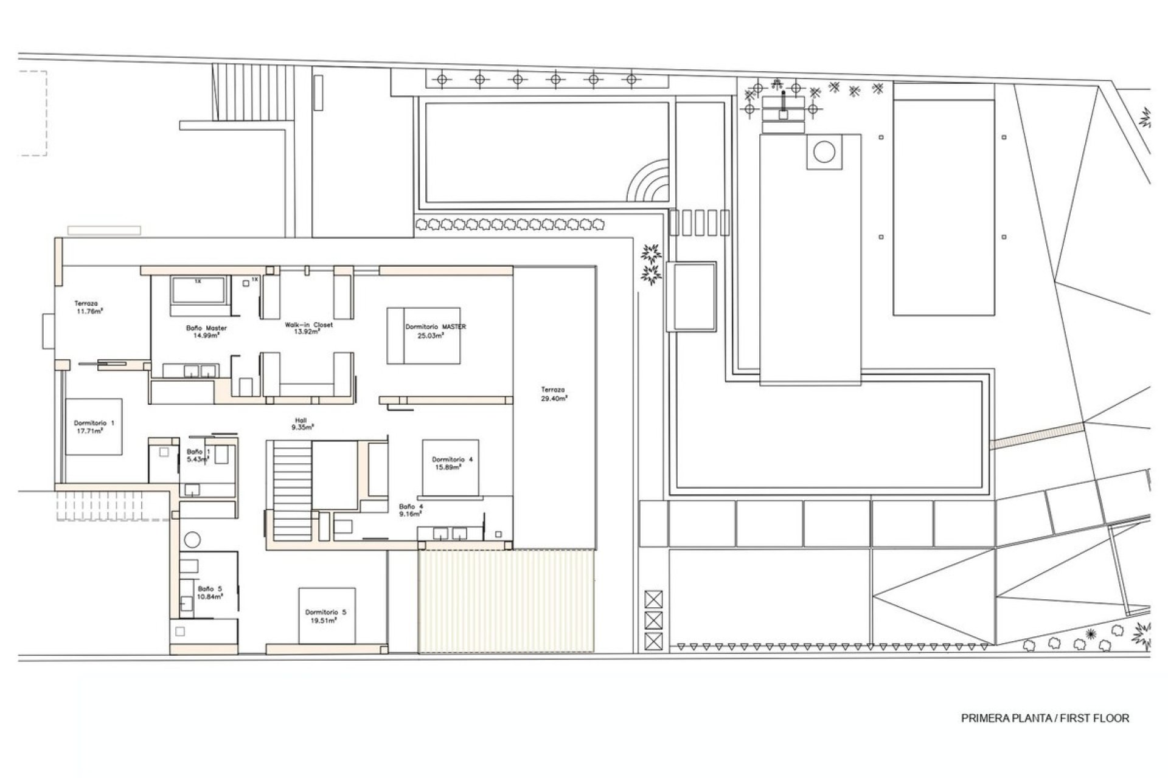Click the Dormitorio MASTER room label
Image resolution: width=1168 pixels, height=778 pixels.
(x=435, y=331)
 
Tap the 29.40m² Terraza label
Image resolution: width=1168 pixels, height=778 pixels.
(x=554, y=394)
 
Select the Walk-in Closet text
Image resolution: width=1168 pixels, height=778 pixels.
(x=308, y=328)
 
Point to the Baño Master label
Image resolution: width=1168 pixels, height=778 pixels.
(x=206, y=331)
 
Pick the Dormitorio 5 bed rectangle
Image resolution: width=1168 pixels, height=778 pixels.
(x=327, y=615)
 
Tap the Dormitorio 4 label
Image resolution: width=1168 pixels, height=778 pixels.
(x=451, y=463)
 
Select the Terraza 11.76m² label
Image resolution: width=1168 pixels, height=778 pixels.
(x=87, y=307)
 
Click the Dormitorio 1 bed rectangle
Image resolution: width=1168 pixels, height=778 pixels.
(x=94, y=427)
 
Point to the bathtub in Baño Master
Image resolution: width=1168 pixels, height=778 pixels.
(x=200, y=290)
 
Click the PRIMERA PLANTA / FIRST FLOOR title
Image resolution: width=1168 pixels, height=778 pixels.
(x=1045, y=718)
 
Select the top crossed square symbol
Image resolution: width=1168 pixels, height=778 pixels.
(x=653, y=600)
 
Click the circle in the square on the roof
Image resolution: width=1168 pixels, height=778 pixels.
(x=824, y=151)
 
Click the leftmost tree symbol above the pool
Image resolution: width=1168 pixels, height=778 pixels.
(x=442, y=78)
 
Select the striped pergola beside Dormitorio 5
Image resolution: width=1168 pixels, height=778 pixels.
(x=506, y=601)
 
